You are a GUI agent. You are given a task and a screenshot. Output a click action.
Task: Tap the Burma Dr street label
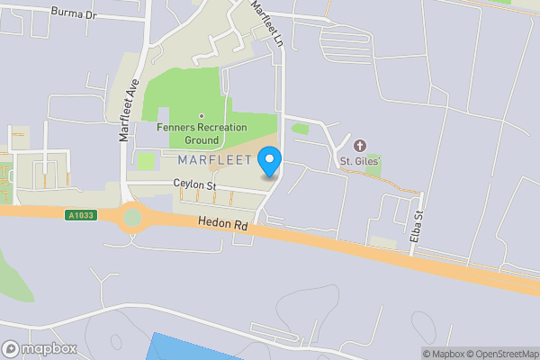point(73,13)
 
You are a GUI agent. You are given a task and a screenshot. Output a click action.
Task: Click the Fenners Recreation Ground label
point(201,134)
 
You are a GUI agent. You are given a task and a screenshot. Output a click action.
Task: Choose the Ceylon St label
point(196,185)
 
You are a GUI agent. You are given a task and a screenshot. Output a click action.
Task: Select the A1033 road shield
point(79,215)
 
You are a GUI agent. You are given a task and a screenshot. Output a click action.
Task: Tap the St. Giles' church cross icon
point(361,146)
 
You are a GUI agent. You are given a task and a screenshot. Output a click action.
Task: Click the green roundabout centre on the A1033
point(133,218)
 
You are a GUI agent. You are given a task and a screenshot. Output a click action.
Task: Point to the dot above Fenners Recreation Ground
point(201,116)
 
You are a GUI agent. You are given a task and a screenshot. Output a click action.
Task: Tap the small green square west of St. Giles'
point(301,129)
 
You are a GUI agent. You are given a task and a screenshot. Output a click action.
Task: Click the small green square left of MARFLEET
point(145,161)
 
